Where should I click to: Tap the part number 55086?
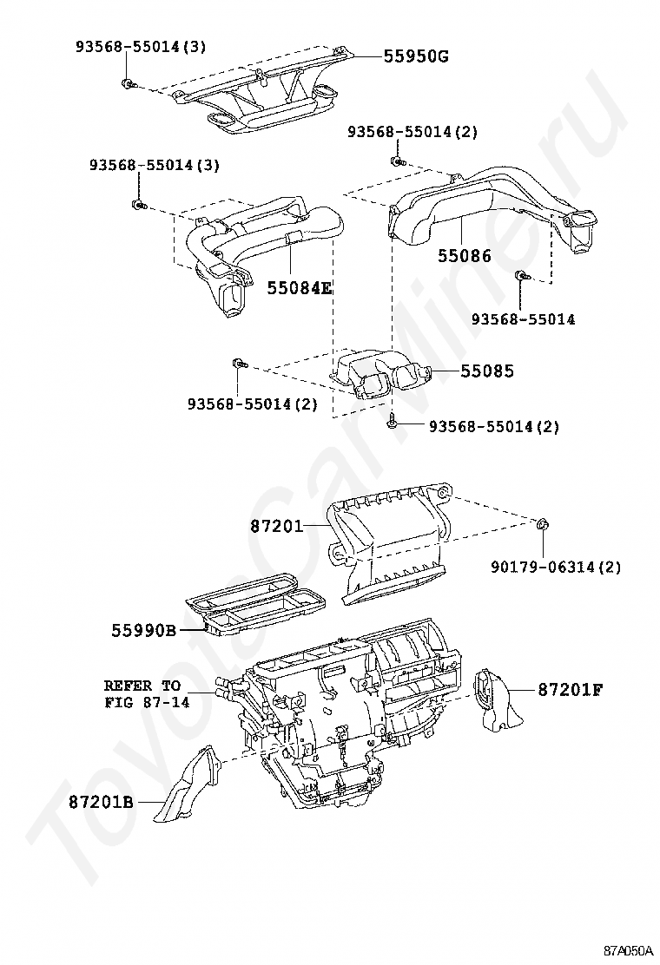pyautogui.click(x=464, y=256)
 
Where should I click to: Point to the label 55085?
pyautogui.click(x=487, y=371)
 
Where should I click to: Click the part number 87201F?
pyautogui.click(x=570, y=690)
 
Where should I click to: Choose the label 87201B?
pyautogui.click(x=102, y=802)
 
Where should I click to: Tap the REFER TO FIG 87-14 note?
pyautogui.click(x=142, y=694)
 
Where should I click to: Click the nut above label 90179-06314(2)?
pyautogui.click(x=541, y=524)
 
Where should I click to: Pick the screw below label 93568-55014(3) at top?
pyautogui.click(x=129, y=84)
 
